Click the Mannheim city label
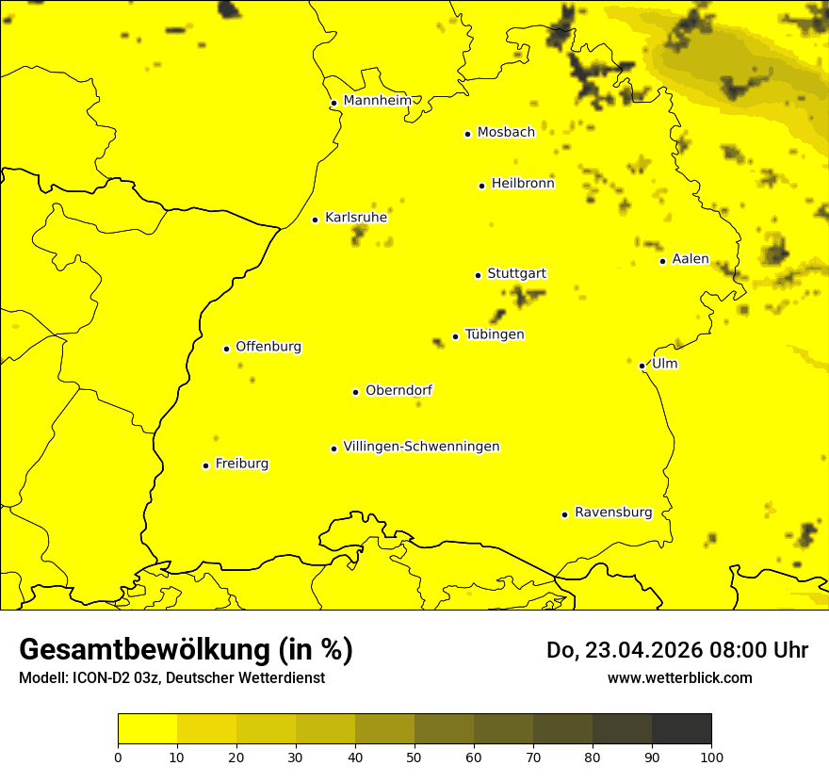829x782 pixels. (377, 101)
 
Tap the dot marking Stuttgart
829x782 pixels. (478, 275)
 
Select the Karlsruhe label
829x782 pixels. (356, 218)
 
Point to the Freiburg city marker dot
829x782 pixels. (205, 465)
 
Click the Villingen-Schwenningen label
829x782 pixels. (421, 447)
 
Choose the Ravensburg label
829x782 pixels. (613, 513)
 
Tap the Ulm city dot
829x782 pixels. (642, 366)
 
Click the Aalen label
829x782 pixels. (691, 259)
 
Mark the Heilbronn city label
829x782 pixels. (523, 184)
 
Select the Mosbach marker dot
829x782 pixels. (467, 134)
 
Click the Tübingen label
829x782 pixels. (495, 334)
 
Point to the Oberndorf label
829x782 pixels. (399, 390)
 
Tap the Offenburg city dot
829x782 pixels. (226, 349)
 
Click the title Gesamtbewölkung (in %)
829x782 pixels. (186, 650)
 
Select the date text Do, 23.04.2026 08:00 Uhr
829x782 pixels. (677, 650)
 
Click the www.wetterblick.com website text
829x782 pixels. (679, 677)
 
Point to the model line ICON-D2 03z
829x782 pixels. (171, 677)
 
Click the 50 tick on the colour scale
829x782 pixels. (414, 757)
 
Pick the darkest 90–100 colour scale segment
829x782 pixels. (681, 728)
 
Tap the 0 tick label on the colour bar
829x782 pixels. (118, 757)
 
